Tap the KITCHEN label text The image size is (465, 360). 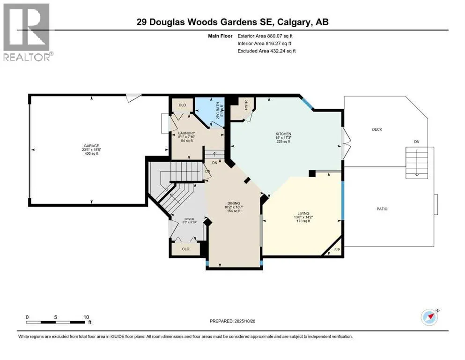283,134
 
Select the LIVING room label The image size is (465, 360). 302,213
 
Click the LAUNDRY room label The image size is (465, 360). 186,133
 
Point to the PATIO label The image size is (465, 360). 382,209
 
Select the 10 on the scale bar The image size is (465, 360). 86,317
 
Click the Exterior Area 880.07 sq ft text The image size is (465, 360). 267,36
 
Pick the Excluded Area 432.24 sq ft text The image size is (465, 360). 267,51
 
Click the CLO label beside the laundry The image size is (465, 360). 182,105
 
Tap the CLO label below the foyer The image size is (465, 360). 185,249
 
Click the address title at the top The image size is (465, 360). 232,22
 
